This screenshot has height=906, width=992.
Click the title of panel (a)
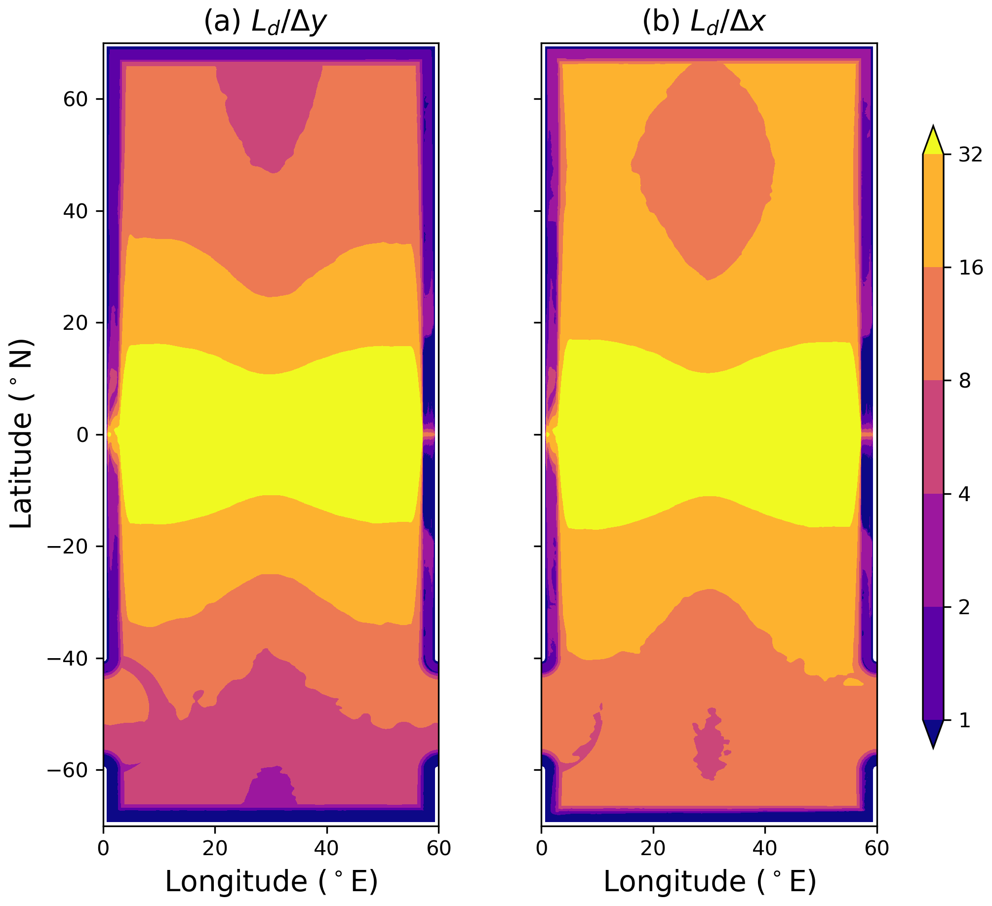click(x=265, y=22)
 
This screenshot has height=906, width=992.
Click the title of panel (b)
click(x=704, y=22)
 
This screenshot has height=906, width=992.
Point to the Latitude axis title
click(x=21, y=433)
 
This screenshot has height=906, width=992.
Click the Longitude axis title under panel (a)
click(x=271, y=881)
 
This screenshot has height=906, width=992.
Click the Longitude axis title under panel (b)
click(x=710, y=881)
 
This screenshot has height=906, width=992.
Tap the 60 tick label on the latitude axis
click(x=76, y=99)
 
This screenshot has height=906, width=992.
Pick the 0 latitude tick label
click(x=82, y=435)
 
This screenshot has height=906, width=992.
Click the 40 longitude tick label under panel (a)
click(x=327, y=848)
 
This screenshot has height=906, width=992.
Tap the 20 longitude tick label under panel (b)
click(x=653, y=848)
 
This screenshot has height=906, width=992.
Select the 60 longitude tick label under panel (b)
click(x=877, y=848)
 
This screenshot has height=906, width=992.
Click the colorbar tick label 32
click(x=971, y=155)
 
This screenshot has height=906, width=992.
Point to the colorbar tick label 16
click(x=971, y=268)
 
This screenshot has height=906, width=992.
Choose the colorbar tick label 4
click(x=964, y=494)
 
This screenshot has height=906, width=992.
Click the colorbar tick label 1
click(x=964, y=720)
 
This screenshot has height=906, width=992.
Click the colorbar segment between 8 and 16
click(x=933, y=324)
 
